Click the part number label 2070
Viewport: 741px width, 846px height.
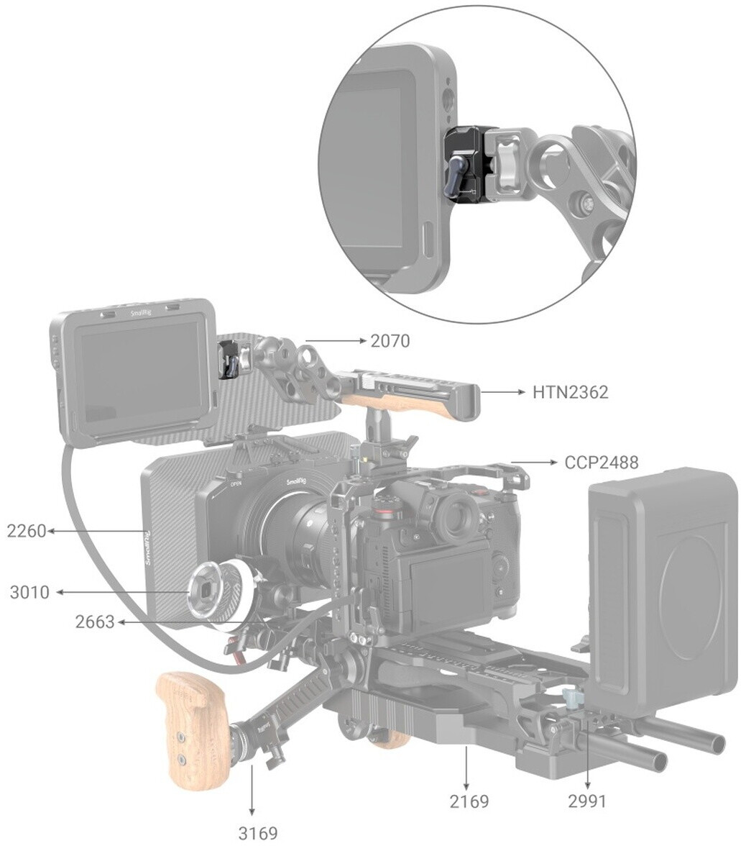390,341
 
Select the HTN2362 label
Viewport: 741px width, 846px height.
570,391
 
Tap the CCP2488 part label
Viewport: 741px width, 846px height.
601,463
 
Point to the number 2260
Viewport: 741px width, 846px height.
27,531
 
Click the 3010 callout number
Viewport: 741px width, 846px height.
29,593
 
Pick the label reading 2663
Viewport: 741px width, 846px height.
95,622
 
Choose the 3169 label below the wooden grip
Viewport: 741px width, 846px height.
257,833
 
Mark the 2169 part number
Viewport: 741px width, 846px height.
469,801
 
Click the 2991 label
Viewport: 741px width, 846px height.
587,801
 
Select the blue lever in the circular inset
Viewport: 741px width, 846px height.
456,176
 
